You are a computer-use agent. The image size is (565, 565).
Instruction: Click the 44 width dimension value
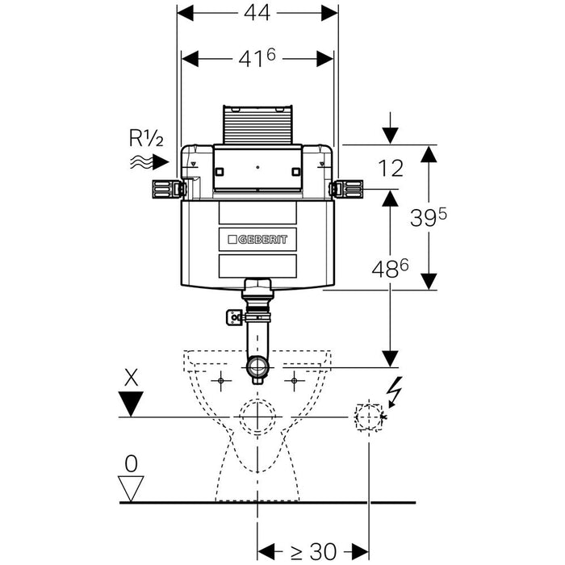pyautogui.click(x=257, y=14)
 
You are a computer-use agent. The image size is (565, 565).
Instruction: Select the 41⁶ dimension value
pyautogui.click(x=257, y=59)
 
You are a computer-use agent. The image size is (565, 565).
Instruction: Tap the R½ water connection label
pyautogui.click(x=146, y=139)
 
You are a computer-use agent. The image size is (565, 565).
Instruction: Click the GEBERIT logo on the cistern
pyautogui.click(x=257, y=239)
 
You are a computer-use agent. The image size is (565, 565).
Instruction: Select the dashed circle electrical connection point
pyautogui.click(x=368, y=416)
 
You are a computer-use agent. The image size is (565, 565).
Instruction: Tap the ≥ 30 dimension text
pyautogui.click(x=313, y=551)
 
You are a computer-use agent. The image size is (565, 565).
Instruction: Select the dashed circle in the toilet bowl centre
pyautogui.click(x=257, y=416)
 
